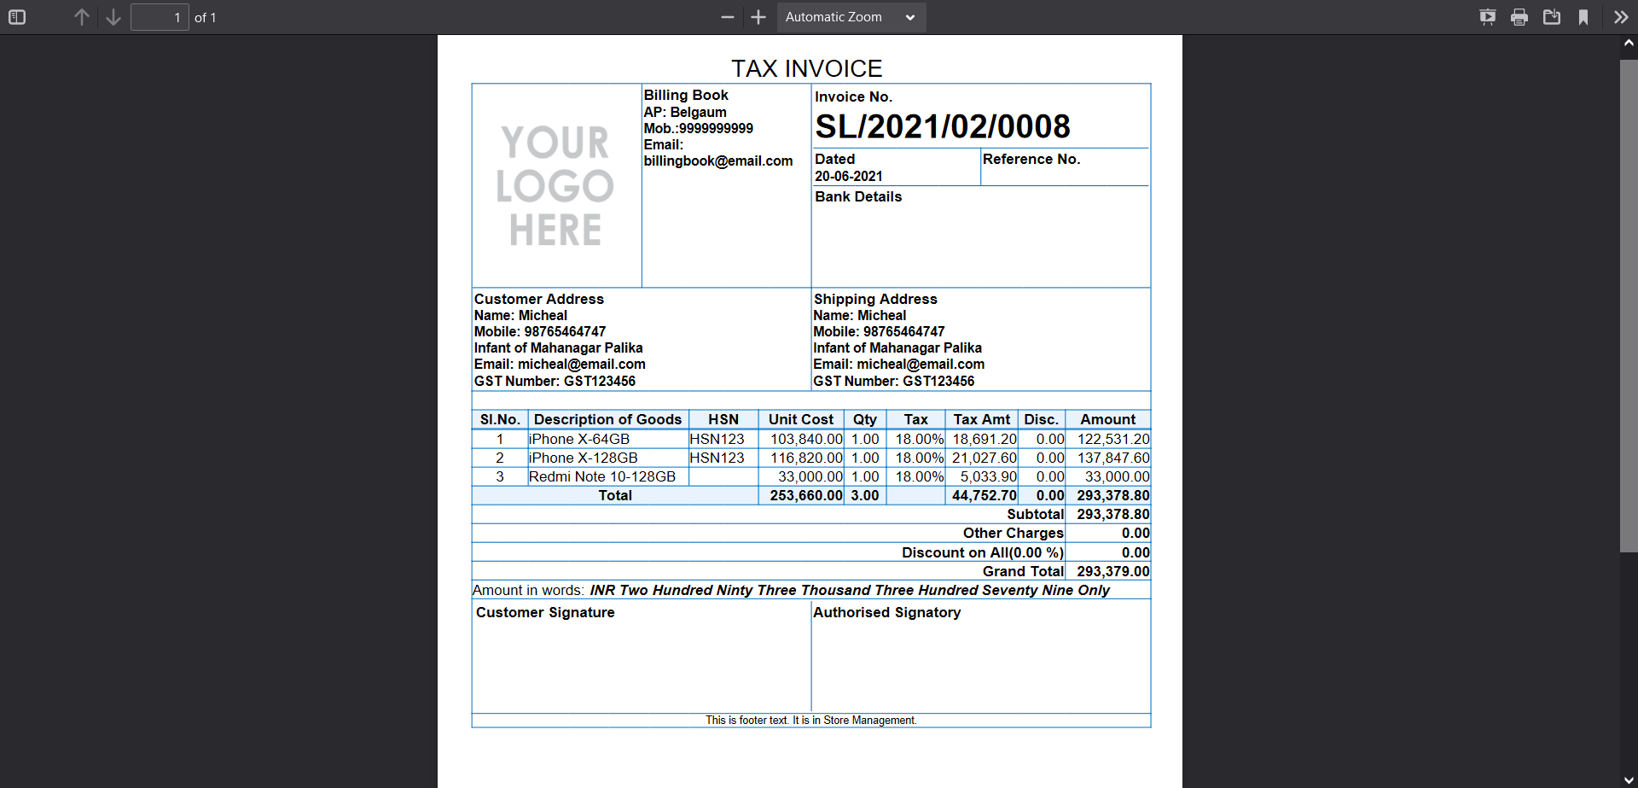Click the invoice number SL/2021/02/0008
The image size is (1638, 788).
[x=942, y=127]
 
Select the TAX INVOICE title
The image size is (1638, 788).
[x=806, y=68]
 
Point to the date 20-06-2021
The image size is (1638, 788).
[x=848, y=177]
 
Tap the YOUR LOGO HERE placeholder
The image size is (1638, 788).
[x=555, y=186]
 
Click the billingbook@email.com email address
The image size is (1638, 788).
[x=717, y=161]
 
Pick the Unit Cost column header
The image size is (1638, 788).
[x=800, y=419]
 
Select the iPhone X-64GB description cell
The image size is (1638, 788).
[x=579, y=439]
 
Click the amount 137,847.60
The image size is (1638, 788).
[x=1112, y=458]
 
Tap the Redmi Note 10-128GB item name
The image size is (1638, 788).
[x=601, y=477]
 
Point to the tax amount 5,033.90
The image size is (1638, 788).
[x=988, y=477]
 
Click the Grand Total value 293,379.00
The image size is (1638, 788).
[x=1112, y=572]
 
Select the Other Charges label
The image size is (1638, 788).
[x=1013, y=534]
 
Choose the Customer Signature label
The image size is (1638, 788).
[x=545, y=613]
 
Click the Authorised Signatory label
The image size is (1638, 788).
[x=886, y=613]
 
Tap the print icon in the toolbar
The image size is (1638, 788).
[x=1519, y=17]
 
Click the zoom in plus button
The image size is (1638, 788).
[x=758, y=17]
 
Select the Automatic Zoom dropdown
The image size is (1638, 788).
[x=851, y=17]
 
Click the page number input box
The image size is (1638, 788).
[x=160, y=17]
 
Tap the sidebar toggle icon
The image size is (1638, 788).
[x=17, y=17]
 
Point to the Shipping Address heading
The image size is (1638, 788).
[x=874, y=300]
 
